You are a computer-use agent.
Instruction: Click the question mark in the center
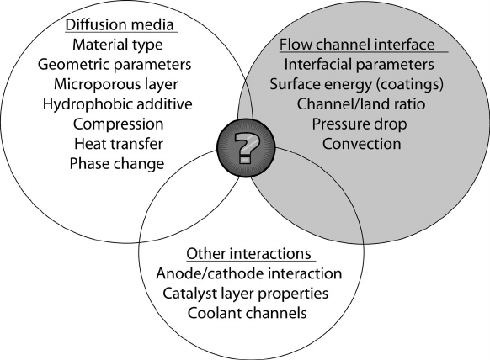[x=247, y=148]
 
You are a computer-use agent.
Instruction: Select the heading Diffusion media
[x=120, y=25]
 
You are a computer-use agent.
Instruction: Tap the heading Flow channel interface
[x=357, y=45]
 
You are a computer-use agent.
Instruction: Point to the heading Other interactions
[x=248, y=254]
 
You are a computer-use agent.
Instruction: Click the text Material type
[x=118, y=45]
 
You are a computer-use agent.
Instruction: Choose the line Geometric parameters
[x=115, y=65]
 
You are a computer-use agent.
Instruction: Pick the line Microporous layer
[x=116, y=85]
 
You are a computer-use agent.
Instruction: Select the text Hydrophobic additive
[x=118, y=104]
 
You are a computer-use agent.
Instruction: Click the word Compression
[x=118, y=124]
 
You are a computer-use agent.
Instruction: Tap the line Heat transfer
[x=119, y=144]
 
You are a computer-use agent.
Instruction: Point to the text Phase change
[x=117, y=164]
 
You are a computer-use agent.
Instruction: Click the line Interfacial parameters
[x=359, y=65]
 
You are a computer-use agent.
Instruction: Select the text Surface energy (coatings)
[x=357, y=85]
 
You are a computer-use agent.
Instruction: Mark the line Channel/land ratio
[x=361, y=104]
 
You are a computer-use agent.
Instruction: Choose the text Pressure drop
[x=360, y=124]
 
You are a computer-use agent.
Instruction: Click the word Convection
[x=361, y=144]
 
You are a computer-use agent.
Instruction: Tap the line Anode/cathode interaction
[x=248, y=273]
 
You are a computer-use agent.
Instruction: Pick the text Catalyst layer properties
[x=246, y=294]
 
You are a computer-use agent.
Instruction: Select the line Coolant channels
[x=247, y=313]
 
